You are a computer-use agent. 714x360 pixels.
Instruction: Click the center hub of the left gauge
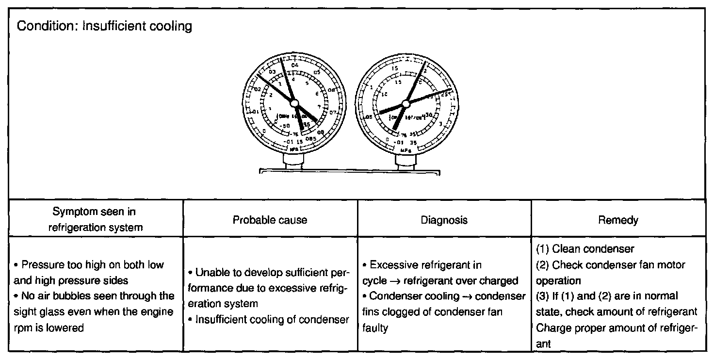coord(294,103)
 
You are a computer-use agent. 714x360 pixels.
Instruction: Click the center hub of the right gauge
coord(405,103)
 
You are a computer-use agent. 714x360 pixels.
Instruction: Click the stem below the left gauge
coord(294,162)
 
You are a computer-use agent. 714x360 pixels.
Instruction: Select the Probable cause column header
coord(270,220)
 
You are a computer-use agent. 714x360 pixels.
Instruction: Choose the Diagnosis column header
coord(445,220)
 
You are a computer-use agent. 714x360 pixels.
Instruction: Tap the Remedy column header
coord(618,220)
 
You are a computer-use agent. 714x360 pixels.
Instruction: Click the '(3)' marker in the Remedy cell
coord(542,296)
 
